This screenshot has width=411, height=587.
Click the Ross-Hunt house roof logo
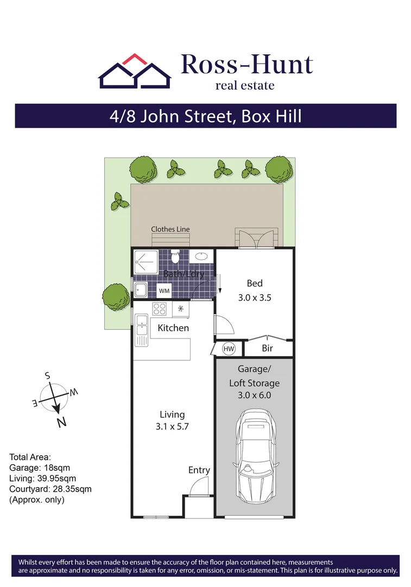click(x=134, y=72)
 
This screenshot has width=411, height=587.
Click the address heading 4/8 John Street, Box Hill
click(x=205, y=116)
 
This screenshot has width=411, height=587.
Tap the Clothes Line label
click(x=170, y=229)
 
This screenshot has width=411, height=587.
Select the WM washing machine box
click(x=164, y=291)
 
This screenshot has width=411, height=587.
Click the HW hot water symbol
click(x=229, y=348)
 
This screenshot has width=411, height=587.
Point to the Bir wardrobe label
click(x=267, y=348)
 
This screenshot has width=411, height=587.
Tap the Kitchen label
click(x=173, y=328)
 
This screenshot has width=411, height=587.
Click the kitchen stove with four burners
click(x=160, y=309)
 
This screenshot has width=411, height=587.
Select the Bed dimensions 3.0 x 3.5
click(x=255, y=298)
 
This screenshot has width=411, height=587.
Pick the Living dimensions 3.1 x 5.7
click(x=172, y=427)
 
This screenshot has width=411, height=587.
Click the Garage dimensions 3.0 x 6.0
click(x=254, y=395)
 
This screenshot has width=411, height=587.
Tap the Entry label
click(x=199, y=470)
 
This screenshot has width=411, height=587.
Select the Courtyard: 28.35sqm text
click(x=50, y=489)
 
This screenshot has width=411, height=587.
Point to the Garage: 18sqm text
click(x=40, y=467)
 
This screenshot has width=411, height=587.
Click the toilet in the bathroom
click(x=174, y=257)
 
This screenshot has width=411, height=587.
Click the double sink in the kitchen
click(x=142, y=329)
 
